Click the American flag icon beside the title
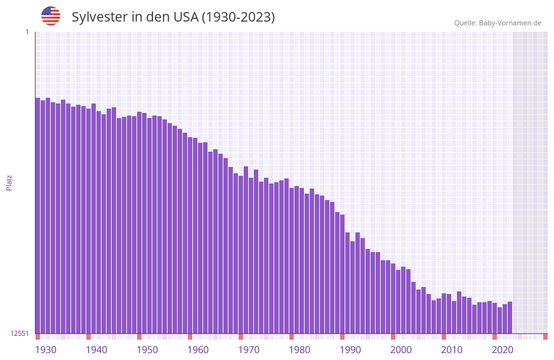point(51,16)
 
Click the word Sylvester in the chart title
point(100,17)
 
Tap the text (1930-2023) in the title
point(239,17)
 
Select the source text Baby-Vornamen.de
point(510,23)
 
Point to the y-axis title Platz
point(9,182)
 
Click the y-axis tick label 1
point(27,32)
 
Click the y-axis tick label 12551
point(20,333)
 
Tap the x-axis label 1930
point(46,350)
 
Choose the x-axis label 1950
point(147,350)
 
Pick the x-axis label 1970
point(249,350)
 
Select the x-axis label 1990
point(350,350)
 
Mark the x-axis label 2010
point(452,350)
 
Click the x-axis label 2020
point(503,350)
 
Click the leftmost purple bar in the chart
point(37,216)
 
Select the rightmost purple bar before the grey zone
point(510,317)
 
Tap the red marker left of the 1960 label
point(190,337)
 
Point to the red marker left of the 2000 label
point(393,337)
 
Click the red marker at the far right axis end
point(545,337)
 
